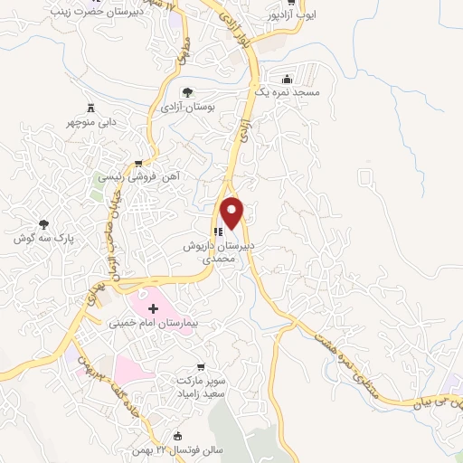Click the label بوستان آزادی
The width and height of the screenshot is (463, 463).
(185, 107)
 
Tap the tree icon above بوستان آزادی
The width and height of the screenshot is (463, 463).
(187, 92)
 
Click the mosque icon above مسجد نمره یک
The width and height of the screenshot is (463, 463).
(288, 78)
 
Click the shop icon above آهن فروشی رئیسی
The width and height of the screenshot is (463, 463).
(137, 164)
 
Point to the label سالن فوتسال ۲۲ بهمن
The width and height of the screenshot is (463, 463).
(188, 450)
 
